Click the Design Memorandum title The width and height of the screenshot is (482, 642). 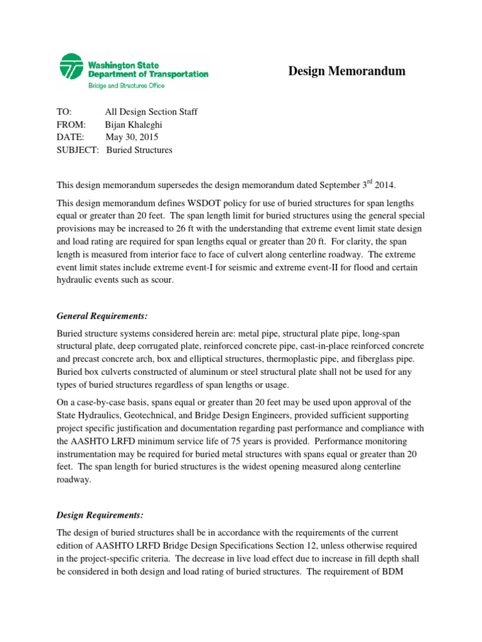pos(346,71)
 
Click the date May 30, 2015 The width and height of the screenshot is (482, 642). pos(132,137)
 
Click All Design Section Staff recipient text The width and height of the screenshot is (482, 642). pos(151,112)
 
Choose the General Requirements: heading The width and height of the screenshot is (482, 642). pos(102,315)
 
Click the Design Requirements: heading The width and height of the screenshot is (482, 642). pos(100,515)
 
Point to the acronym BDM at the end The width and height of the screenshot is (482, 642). pos(411,571)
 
